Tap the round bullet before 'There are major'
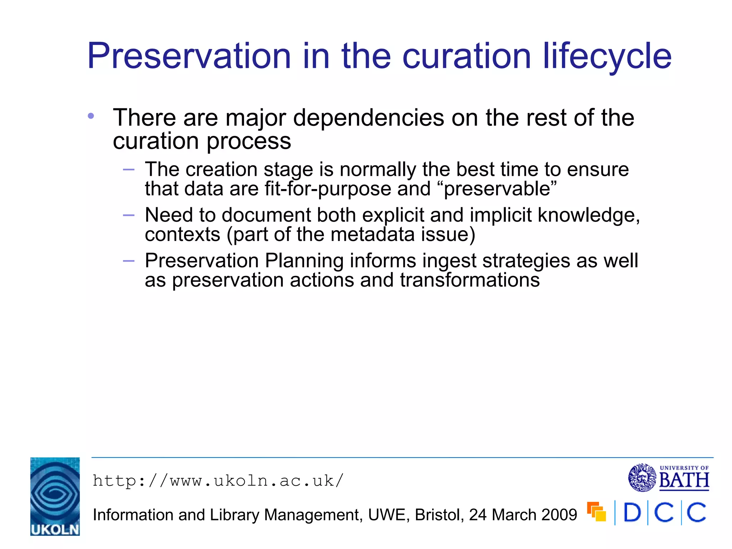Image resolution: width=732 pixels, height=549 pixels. (91, 116)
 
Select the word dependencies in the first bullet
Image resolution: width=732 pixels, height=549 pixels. (369, 118)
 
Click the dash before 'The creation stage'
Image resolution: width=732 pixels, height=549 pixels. (128, 169)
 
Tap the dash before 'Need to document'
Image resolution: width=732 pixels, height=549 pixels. (128, 215)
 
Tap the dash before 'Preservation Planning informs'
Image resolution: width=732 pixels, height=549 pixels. (128, 261)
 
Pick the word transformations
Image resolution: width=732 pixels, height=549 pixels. (469, 280)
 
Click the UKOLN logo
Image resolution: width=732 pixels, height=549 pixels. (55, 496)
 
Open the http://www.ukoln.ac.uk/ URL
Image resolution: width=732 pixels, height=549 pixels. (218, 481)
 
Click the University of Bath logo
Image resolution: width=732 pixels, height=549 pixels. (669, 478)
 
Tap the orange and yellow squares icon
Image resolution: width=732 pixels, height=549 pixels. (597, 512)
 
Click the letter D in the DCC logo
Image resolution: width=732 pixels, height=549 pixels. (632, 513)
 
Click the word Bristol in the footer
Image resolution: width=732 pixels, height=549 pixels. (439, 515)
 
